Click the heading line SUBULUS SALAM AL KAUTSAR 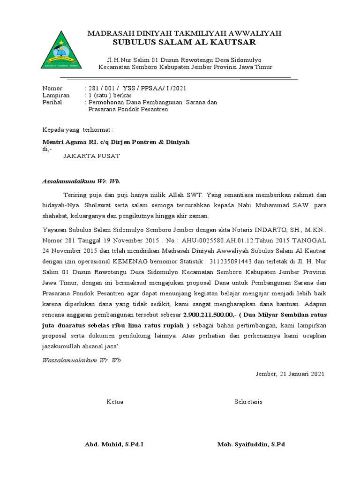[x=185, y=43]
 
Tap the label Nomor [x=52, y=88]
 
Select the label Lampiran [x=55, y=95]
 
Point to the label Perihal [x=52, y=102]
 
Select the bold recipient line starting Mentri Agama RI [x=116, y=142]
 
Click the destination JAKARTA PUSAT [x=91, y=156]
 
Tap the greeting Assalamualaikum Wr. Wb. [x=78, y=180]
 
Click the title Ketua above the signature [x=115, y=402]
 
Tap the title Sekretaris [x=248, y=402]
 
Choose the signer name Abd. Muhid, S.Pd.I [x=114, y=444]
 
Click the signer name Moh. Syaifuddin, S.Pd [x=251, y=444]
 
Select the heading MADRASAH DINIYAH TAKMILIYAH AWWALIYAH [x=185, y=33]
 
